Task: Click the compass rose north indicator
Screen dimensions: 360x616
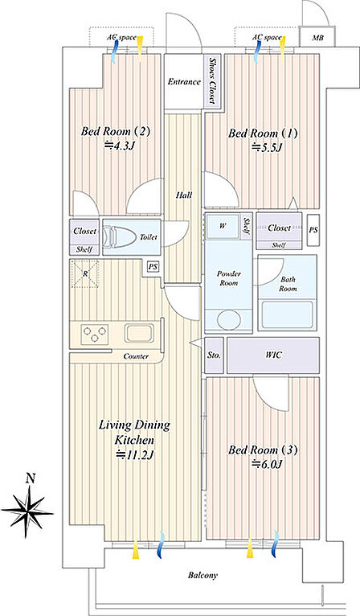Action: [27, 510]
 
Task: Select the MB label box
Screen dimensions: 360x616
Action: [317, 37]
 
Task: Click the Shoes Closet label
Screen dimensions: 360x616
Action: [212, 80]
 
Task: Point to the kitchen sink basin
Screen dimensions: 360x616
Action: [138, 333]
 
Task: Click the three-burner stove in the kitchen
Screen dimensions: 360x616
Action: [95, 334]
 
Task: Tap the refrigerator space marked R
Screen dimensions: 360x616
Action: [85, 273]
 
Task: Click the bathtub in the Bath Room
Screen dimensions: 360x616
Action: [287, 314]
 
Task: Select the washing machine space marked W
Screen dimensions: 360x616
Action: [223, 226]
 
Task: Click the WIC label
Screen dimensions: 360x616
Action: [273, 355]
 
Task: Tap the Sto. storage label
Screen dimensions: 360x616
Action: [214, 355]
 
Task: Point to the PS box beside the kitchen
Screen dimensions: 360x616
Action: [153, 267]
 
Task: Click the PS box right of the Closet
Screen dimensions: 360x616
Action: [313, 230]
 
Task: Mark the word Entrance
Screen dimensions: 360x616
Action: [184, 82]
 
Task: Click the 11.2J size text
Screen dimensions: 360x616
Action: [135, 455]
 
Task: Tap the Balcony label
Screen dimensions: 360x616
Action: [202, 576]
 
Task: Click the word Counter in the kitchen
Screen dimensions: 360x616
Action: [136, 356]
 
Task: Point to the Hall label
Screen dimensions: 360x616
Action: [184, 195]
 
